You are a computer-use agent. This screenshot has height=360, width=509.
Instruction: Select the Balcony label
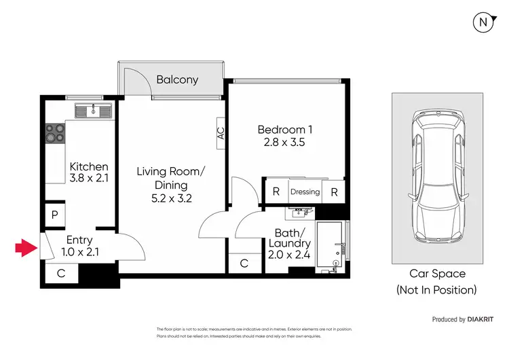177,79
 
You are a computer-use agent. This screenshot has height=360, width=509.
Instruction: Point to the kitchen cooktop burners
55,133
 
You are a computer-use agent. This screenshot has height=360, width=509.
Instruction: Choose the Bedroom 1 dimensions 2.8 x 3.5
284,144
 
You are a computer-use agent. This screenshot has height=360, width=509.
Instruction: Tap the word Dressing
305,192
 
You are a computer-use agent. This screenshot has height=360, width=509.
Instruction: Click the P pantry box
54,215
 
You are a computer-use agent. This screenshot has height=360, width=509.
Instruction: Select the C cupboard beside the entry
60,274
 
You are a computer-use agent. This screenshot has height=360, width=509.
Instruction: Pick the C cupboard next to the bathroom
244,264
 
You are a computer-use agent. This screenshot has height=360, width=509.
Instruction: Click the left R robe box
276,192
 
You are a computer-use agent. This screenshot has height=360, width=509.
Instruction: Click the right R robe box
334,192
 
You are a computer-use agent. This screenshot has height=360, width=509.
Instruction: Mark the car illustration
437,177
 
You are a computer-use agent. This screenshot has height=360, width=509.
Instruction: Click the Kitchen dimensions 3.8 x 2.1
90,180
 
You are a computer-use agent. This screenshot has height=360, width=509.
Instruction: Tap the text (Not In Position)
437,290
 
